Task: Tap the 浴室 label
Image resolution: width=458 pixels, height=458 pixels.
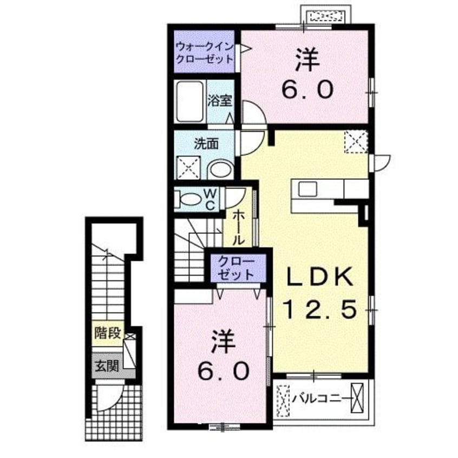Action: pyautogui.click(x=220, y=100)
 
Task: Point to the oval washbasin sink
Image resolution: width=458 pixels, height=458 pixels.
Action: pyautogui.click(x=220, y=169)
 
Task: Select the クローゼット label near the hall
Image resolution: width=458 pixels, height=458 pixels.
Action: pyautogui.click(x=236, y=267)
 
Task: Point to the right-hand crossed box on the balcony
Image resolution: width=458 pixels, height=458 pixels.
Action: pyautogui.click(x=357, y=399)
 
